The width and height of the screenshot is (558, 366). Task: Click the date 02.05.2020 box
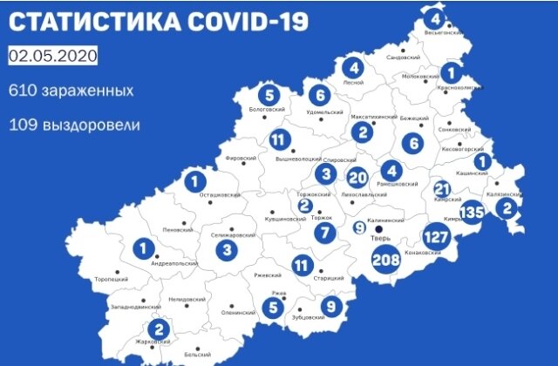point(52,57)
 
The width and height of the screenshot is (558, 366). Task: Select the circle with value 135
point(472,212)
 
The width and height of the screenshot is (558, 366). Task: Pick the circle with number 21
point(442,189)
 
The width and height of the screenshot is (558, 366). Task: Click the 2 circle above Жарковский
point(158,329)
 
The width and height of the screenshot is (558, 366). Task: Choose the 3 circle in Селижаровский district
point(228,251)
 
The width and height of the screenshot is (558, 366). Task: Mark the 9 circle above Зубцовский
point(330,306)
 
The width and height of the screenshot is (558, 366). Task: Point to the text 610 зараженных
point(71,91)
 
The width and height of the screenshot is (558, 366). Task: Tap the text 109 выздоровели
point(74,125)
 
